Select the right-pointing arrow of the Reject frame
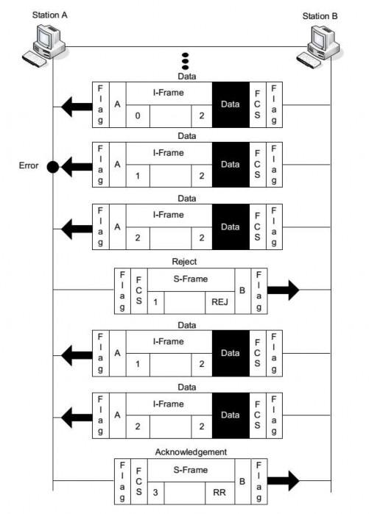point(284,290)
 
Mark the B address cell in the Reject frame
point(242,290)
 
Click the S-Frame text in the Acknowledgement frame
point(191,468)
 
